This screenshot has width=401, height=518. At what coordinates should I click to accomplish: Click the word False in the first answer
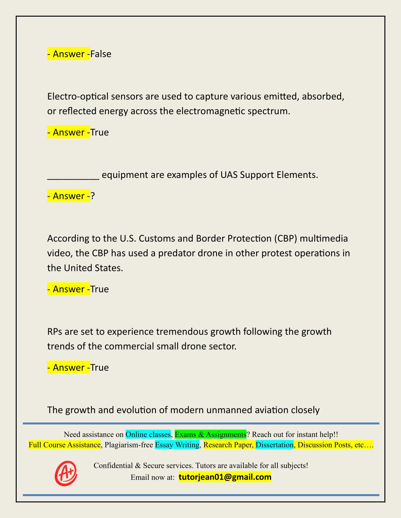click(x=101, y=54)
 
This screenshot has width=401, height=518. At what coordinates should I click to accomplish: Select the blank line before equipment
click(x=73, y=175)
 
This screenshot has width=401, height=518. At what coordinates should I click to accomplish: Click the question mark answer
click(x=93, y=196)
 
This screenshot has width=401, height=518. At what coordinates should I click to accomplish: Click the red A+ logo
click(x=66, y=473)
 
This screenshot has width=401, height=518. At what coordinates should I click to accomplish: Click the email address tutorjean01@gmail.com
click(x=225, y=477)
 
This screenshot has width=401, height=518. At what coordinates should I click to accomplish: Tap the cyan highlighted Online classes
click(x=148, y=434)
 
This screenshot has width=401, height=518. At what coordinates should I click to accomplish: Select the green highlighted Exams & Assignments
click(x=210, y=434)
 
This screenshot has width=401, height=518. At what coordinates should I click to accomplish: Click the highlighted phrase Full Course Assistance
click(x=64, y=445)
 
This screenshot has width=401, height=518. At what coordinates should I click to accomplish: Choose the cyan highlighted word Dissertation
click(x=275, y=445)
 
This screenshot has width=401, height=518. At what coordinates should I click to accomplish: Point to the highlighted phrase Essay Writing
click(x=177, y=445)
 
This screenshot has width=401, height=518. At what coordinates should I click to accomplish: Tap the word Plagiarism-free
click(x=129, y=445)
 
